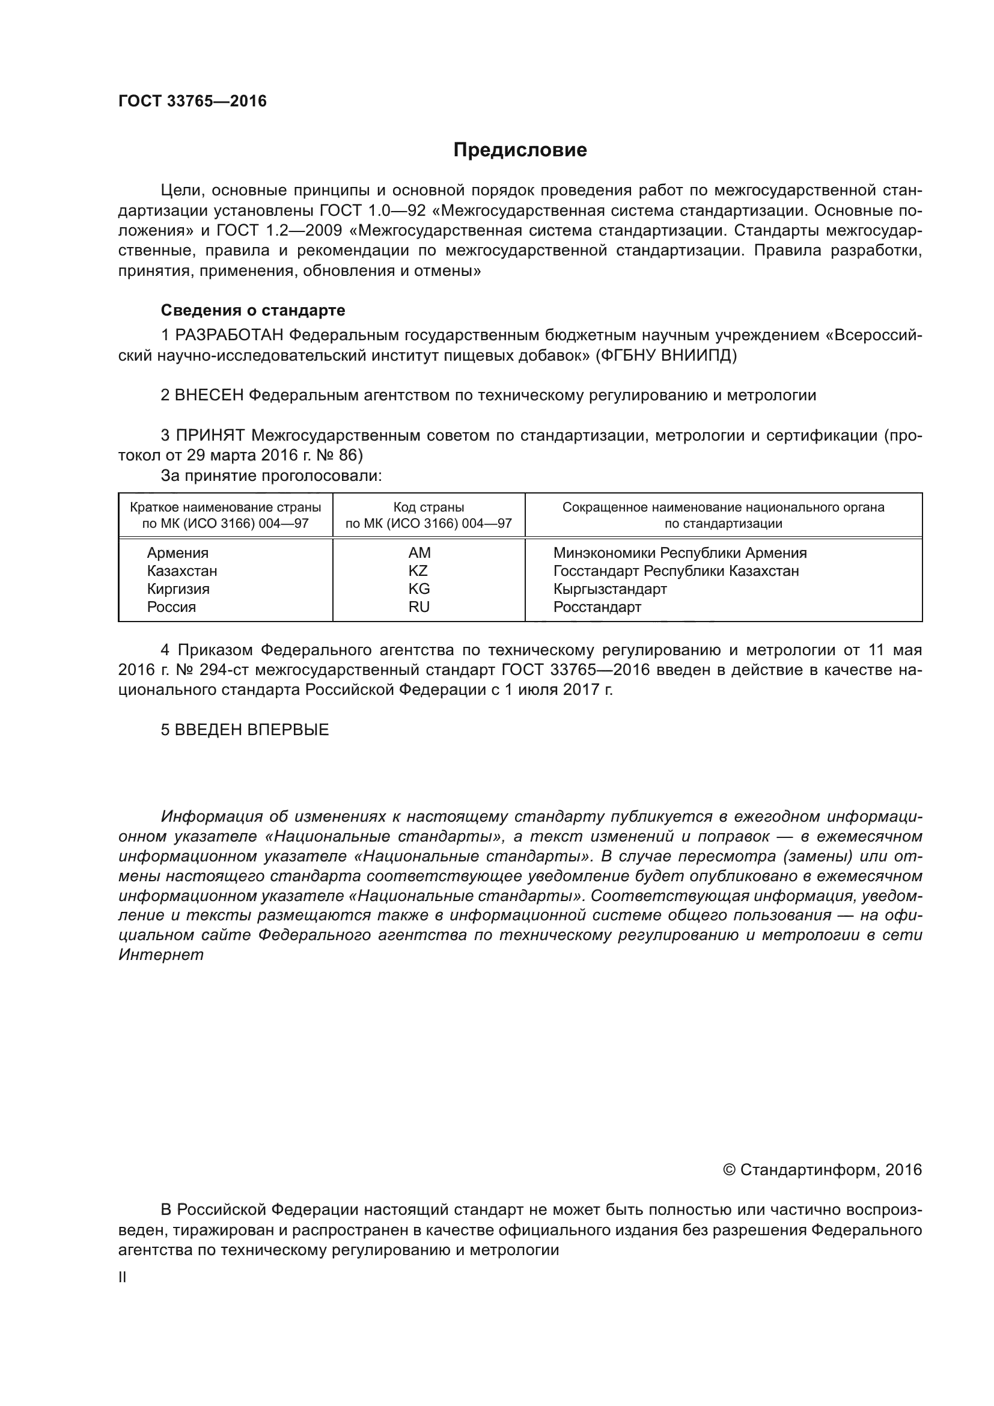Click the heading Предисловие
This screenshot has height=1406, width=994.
pos(520,150)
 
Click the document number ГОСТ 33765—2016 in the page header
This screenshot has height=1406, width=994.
pos(192,101)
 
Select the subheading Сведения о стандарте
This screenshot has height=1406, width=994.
pos(253,310)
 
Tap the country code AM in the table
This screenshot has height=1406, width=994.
pos(419,553)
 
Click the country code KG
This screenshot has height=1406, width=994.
pos(419,589)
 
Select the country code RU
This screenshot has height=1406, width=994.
pos(419,607)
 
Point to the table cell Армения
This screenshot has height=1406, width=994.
pos(177,553)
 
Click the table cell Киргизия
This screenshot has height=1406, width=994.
pos(178,589)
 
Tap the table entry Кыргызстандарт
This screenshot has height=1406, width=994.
pos(609,589)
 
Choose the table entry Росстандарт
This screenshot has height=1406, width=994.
pos(597,607)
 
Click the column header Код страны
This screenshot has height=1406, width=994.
pos(428,508)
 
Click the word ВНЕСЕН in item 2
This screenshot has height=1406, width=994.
pos(209,396)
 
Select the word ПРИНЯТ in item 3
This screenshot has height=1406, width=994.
pos(210,436)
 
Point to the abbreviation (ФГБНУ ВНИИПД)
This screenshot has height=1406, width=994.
pos(666,355)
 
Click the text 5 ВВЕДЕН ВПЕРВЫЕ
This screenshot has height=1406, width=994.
pos(245,730)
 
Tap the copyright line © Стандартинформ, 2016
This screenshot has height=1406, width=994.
pos(822,1170)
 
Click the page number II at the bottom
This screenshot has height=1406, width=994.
pos(123,1278)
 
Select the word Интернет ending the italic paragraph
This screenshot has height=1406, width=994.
pos(160,955)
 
